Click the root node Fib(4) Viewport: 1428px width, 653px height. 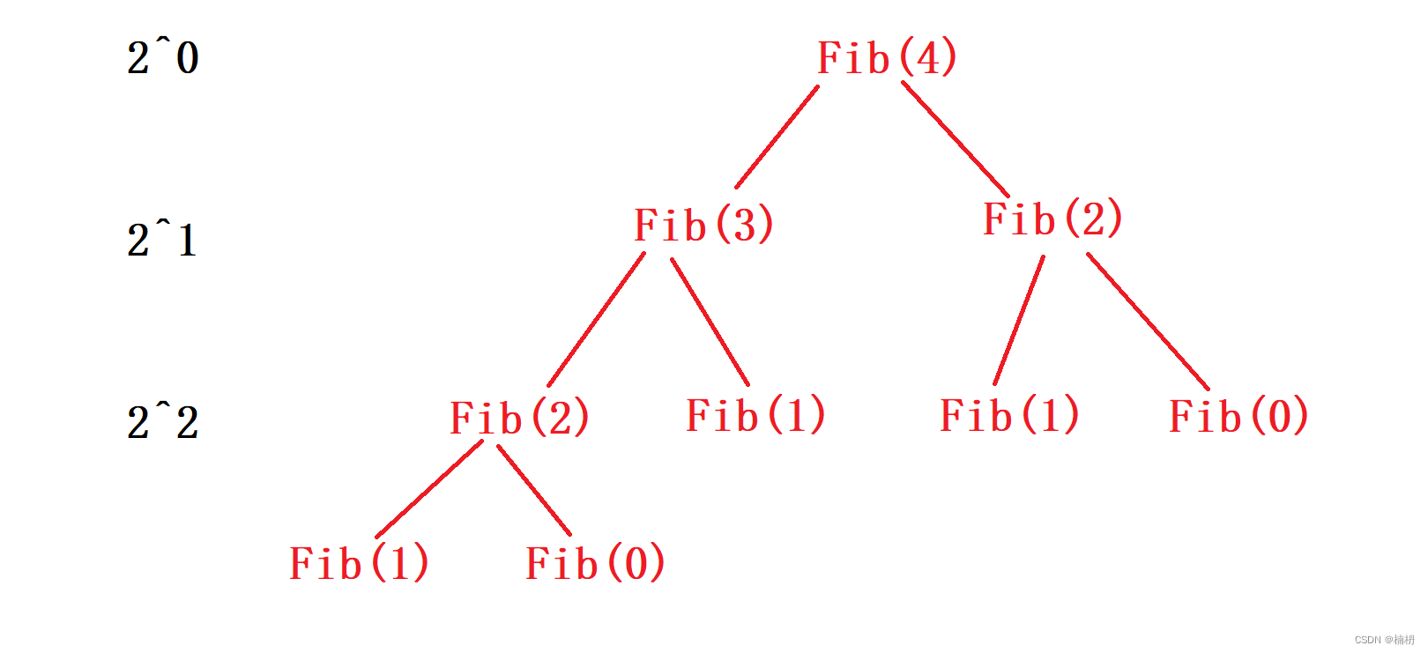tap(887, 58)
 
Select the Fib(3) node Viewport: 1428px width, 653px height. tap(703, 225)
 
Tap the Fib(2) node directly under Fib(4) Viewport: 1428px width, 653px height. tap(1052, 219)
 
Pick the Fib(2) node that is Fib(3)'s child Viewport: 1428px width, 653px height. tap(519, 418)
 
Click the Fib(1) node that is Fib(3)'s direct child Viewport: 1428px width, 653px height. tap(755, 415)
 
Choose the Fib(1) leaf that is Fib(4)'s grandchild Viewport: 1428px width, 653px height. tap(1009, 415)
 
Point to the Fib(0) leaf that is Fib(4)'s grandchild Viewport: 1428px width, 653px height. tap(1238, 416)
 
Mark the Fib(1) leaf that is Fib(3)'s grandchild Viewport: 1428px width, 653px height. tap(359, 563)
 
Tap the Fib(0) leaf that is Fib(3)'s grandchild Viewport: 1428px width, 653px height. tap(595, 563)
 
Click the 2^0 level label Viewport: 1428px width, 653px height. tap(163, 58)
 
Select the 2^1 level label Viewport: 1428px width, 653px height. tap(163, 240)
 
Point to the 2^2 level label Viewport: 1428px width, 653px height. tap(163, 422)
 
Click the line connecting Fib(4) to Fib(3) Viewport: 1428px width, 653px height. tap(777, 137)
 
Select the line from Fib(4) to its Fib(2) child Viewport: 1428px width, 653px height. tap(956, 139)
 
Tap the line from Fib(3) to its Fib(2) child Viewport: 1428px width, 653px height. tap(596, 320)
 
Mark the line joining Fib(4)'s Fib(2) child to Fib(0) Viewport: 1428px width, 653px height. tap(1148, 322)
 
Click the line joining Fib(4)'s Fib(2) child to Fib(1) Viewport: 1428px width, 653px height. tap(1019, 321)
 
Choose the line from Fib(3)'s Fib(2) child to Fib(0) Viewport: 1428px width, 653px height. tap(534, 490)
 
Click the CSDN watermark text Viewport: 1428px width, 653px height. tap(1384, 640)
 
